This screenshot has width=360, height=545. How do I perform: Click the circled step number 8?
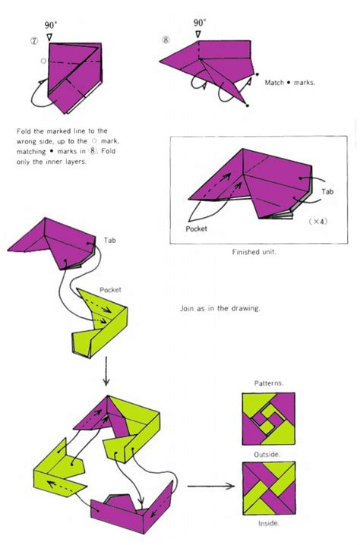tap(166, 39)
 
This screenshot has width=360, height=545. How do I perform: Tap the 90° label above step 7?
tap(51, 24)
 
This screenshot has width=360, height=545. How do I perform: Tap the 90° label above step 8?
tap(200, 24)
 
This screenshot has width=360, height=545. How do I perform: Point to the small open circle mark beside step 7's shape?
tap(44, 61)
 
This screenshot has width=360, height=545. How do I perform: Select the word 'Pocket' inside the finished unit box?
tap(197, 228)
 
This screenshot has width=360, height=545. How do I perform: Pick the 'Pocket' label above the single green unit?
tap(110, 290)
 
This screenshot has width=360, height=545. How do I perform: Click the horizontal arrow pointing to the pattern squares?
tap(209, 486)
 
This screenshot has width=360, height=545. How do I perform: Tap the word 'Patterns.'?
tap(268, 383)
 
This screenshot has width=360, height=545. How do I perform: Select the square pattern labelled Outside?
tap(268, 419)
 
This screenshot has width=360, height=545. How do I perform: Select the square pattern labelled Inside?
tap(268, 486)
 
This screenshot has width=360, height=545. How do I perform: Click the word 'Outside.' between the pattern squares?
tap(268, 453)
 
